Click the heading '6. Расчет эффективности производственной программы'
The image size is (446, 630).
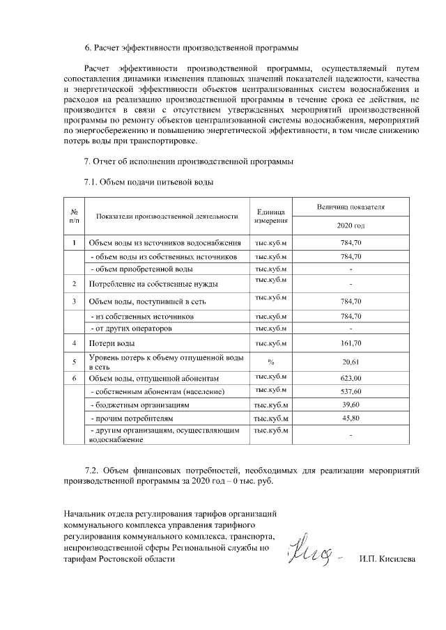191,48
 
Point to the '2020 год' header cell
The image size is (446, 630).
350,226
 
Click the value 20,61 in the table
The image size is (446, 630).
350,362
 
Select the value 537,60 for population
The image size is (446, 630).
350,391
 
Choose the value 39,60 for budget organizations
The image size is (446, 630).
350,404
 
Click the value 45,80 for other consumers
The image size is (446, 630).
350,418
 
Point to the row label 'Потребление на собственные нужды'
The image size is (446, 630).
153,284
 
